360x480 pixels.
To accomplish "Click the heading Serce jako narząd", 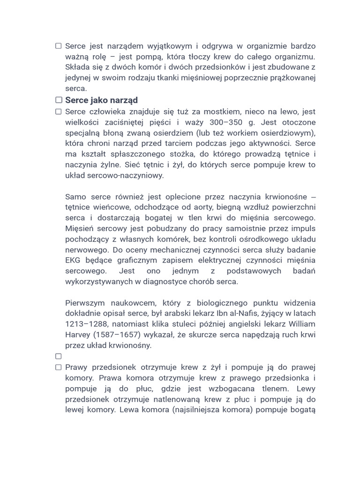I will pos(101,100).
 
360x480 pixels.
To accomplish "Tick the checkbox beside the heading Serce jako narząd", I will pos(59,100).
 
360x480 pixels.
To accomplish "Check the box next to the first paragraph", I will pos(59,46).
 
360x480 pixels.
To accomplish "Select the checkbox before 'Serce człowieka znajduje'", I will pos(59,112).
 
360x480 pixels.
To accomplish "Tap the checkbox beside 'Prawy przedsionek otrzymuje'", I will pos(59,367).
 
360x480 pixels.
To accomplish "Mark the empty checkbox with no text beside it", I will pos(59,356).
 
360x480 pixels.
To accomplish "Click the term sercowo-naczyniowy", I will pos(125,175).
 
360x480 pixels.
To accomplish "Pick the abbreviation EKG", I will pos(73,261).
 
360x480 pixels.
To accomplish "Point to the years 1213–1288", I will pos(85,324).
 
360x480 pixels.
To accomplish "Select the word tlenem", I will pos(272,389).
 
